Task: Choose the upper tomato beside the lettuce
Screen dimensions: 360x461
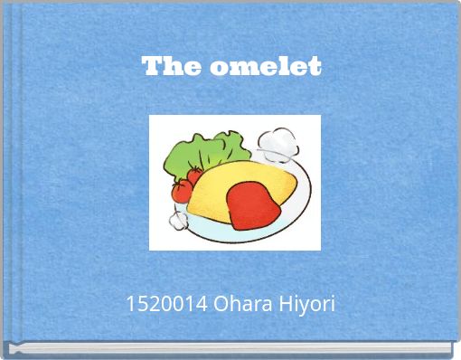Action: click(193, 175)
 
